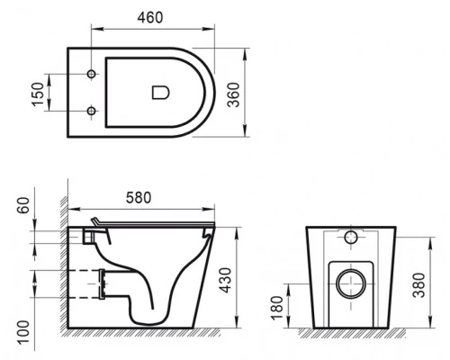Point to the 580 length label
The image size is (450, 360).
pos(139,196)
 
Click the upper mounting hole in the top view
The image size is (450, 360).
pos(92,70)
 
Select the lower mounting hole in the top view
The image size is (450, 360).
pos(92,111)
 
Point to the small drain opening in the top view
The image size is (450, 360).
pos(161,91)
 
